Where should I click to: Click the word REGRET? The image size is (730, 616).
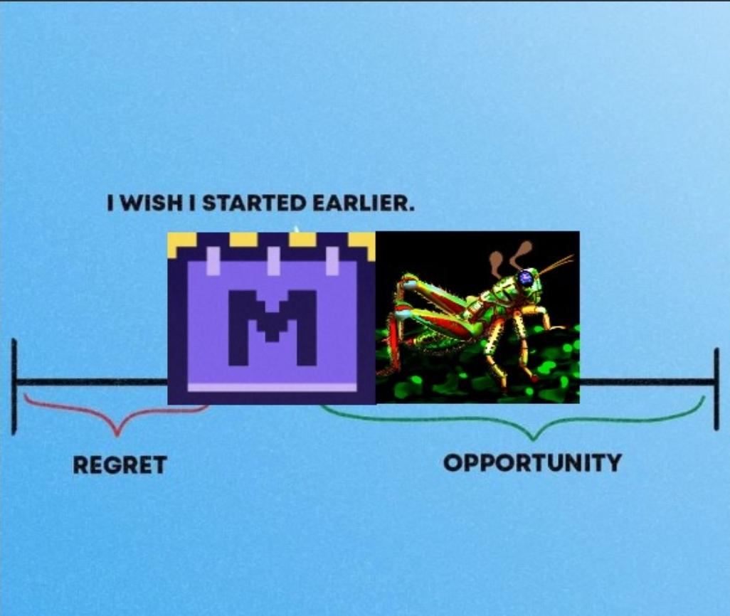(x=120, y=464)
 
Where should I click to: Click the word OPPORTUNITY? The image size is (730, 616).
(x=532, y=463)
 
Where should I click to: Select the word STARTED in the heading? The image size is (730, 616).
(x=255, y=203)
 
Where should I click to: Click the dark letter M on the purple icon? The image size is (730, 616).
(x=273, y=327)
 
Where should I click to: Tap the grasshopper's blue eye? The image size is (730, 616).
(x=525, y=278)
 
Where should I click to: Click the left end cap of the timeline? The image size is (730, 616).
(x=14, y=386)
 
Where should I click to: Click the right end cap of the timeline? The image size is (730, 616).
(x=716, y=389)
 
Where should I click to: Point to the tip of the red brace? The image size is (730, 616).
(x=117, y=435)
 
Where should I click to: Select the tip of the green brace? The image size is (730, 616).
(x=534, y=439)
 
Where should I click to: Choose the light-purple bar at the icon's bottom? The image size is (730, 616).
(x=273, y=387)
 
